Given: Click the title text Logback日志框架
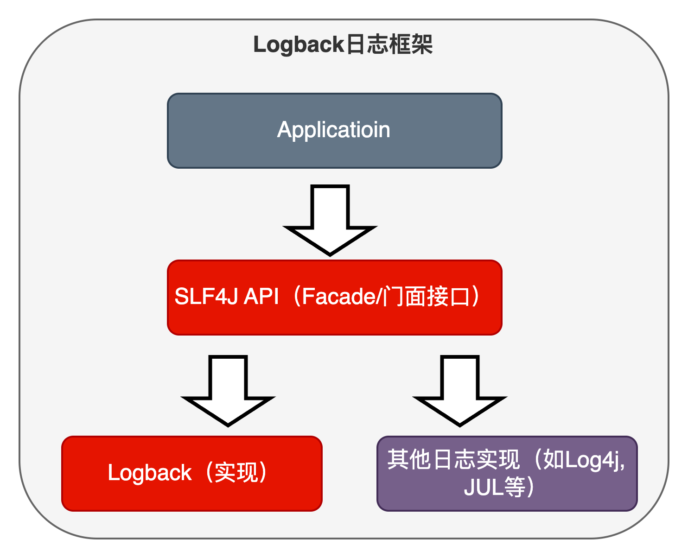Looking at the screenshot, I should coord(343,45).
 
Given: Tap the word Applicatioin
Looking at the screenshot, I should coord(333,130).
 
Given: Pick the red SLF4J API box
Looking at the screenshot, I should coord(334,320).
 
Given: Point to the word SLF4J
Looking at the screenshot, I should coord(206,297).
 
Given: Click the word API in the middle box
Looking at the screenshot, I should coord(261,297).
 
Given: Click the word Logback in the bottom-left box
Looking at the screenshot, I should coord(149,473).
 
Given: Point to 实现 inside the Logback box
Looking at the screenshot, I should coord(236,473).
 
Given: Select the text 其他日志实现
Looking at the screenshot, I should coord(453,460).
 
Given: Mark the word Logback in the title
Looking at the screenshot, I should coord(299,45).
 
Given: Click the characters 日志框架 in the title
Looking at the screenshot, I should coord(389,45).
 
